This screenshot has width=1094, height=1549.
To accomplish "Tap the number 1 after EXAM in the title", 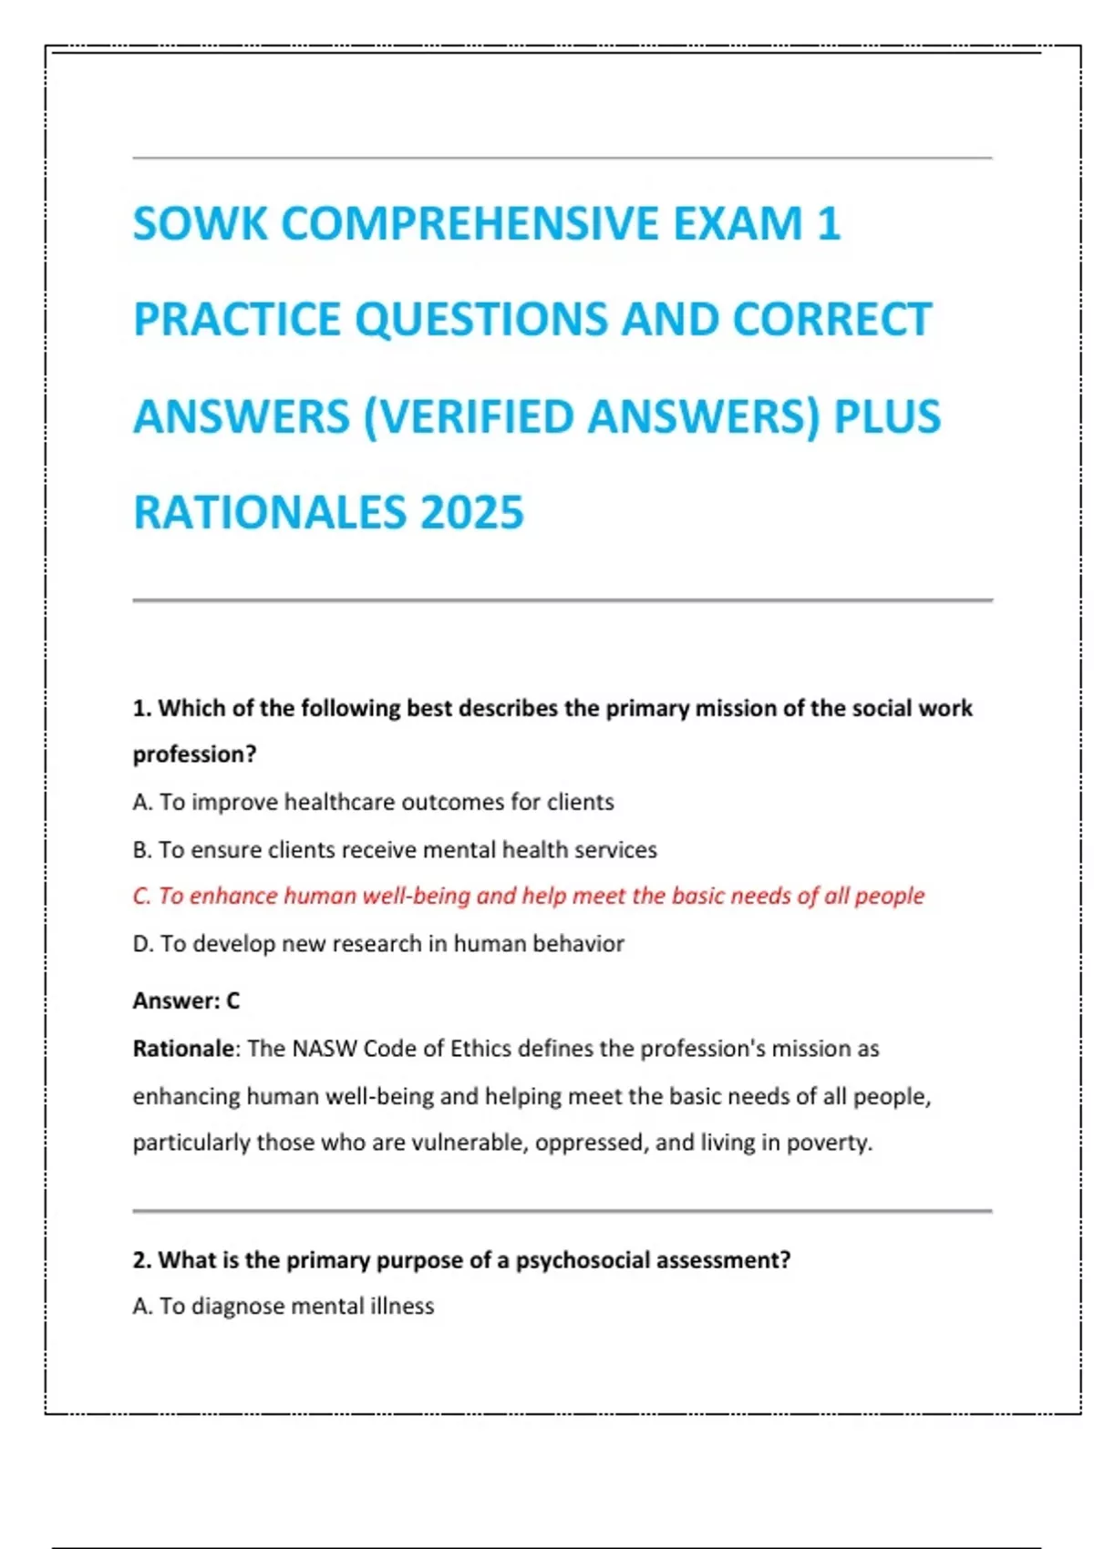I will pyautogui.click(x=828, y=224).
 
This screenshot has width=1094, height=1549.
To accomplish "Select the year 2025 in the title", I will pyautogui.click(x=471, y=512).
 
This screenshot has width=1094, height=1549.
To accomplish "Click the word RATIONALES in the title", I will pyautogui.click(x=269, y=512).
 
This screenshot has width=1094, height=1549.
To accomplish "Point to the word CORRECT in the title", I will pyautogui.click(x=831, y=320).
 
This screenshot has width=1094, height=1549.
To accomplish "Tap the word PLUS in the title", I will pyautogui.click(x=887, y=416).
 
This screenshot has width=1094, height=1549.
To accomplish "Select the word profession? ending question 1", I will pyautogui.click(x=194, y=754).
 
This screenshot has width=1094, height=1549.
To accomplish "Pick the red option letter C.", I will pyautogui.click(x=141, y=896).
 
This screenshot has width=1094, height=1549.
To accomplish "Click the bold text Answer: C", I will pyautogui.click(x=186, y=1000).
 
